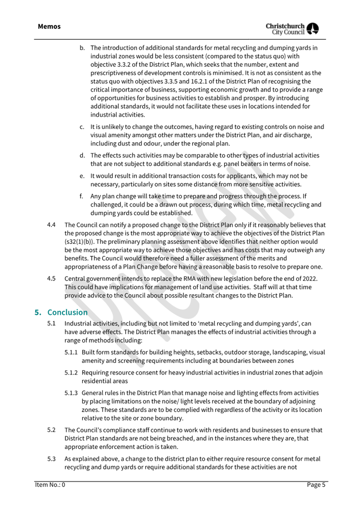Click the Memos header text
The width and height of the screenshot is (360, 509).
click(49, 27)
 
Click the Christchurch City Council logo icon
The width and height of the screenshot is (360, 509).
click(312, 28)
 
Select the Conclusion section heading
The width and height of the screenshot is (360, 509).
click(67, 312)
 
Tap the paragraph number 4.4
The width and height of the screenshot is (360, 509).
click(51, 225)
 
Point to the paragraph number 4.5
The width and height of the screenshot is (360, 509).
click(51, 279)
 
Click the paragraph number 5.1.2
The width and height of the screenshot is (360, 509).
click(71, 372)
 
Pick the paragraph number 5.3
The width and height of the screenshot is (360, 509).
click(51, 459)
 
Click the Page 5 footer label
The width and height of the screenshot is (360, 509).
click(316, 484)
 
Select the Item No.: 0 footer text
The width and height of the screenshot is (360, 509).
click(50, 484)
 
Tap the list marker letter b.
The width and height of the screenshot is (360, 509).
click(82, 48)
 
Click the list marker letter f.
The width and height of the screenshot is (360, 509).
click(81, 196)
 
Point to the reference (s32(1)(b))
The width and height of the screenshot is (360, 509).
click(79, 242)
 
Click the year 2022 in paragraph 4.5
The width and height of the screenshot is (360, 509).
click(309, 279)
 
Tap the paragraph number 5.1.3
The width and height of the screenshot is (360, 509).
click(71, 393)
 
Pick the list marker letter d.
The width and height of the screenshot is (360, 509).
click(82, 155)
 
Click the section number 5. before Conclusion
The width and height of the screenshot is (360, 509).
click(38, 312)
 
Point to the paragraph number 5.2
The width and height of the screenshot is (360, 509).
click(51, 430)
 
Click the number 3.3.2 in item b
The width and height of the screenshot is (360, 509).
click(126, 64)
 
